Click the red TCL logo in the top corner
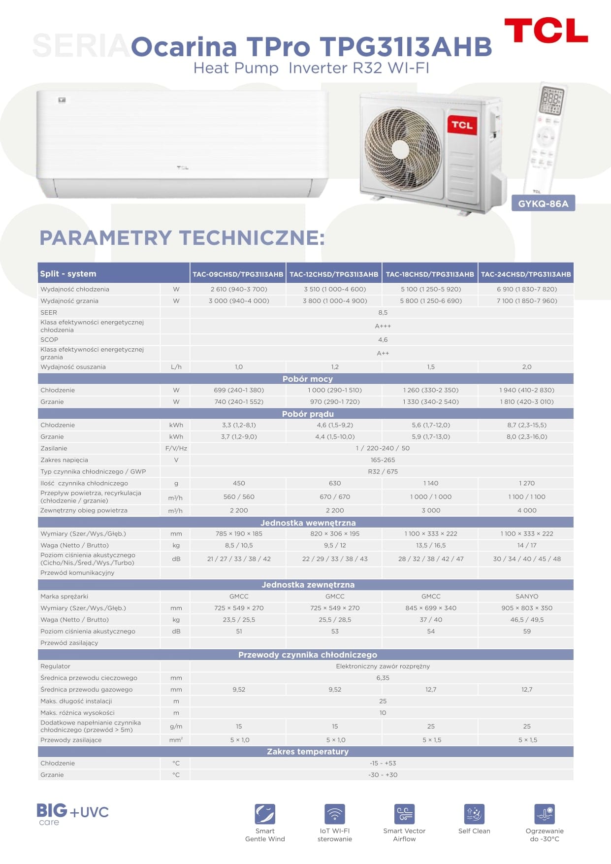click(546, 31)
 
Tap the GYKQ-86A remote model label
click(543, 203)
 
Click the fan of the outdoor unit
click(402, 143)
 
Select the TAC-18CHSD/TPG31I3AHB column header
click(430, 274)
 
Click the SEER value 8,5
click(383, 312)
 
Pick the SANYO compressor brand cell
click(526, 596)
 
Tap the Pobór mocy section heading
click(307, 379)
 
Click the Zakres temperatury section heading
click(307, 751)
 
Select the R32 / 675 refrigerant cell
click(383, 471)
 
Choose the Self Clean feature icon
click(474, 813)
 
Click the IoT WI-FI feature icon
click(335, 813)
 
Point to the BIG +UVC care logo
click(72, 813)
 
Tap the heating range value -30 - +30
click(383, 774)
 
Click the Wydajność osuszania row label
click(73, 366)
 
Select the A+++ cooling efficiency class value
click(383, 326)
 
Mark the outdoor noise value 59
click(526, 631)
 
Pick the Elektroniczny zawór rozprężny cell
click(383, 666)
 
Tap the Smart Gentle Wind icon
click(265, 813)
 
